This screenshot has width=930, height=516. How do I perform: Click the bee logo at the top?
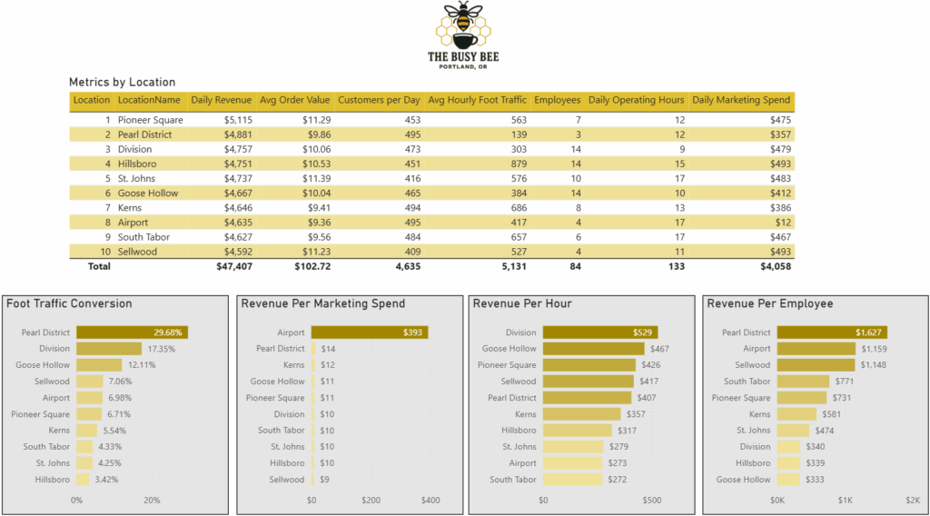pyautogui.click(x=463, y=25)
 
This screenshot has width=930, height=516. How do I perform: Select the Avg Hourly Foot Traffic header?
pyautogui.click(x=477, y=100)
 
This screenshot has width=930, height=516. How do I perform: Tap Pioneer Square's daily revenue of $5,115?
pyautogui.click(x=234, y=120)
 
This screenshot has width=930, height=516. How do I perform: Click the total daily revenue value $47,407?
pyautogui.click(x=233, y=267)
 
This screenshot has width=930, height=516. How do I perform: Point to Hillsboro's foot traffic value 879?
pyautogui.click(x=519, y=164)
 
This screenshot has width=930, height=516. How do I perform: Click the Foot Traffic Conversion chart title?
pyautogui.click(x=69, y=303)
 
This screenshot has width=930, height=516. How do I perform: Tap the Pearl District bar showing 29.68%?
pyautogui.click(x=132, y=332)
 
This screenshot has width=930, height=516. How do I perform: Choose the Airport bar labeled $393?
pyautogui.click(x=369, y=332)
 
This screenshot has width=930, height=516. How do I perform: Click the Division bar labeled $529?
pyautogui.click(x=600, y=332)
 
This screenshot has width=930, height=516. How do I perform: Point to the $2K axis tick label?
pyautogui.click(x=912, y=500)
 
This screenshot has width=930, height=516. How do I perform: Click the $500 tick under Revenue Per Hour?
pyautogui.click(x=651, y=500)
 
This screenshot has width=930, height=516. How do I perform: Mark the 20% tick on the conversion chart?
pyautogui.click(x=152, y=500)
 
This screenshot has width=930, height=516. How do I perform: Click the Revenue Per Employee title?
pyautogui.click(x=769, y=303)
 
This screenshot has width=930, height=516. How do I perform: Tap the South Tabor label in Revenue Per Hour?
pyautogui.click(x=513, y=480)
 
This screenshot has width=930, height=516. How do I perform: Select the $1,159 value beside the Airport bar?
pyautogui.click(x=873, y=349)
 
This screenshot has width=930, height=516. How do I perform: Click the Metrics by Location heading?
pyautogui.click(x=122, y=82)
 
